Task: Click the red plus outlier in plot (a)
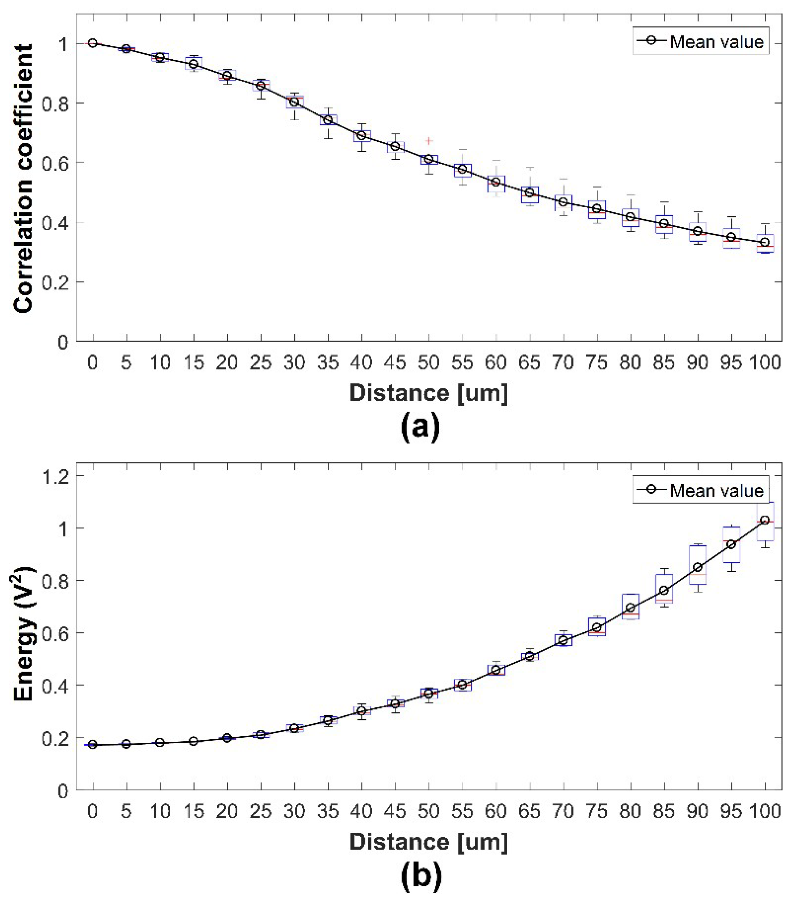pyautogui.click(x=429, y=141)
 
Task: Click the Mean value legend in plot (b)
pyautogui.click(x=700, y=490)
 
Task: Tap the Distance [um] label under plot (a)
pyautogui.click(x=428, y=393)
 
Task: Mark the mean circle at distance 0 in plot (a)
pyautogui.click(x=92, y=43)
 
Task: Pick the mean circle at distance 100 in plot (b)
pyautogui.click(x=765, y=520)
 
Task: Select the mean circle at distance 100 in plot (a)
pyautogui.click(x=765, y=242)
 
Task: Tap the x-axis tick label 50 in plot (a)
pyautogui.click(x=428, y=363)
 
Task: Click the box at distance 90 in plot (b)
pyautogui.click(x=698, y=565)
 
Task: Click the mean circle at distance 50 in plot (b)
pyautogui.click(x=428, y=694)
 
